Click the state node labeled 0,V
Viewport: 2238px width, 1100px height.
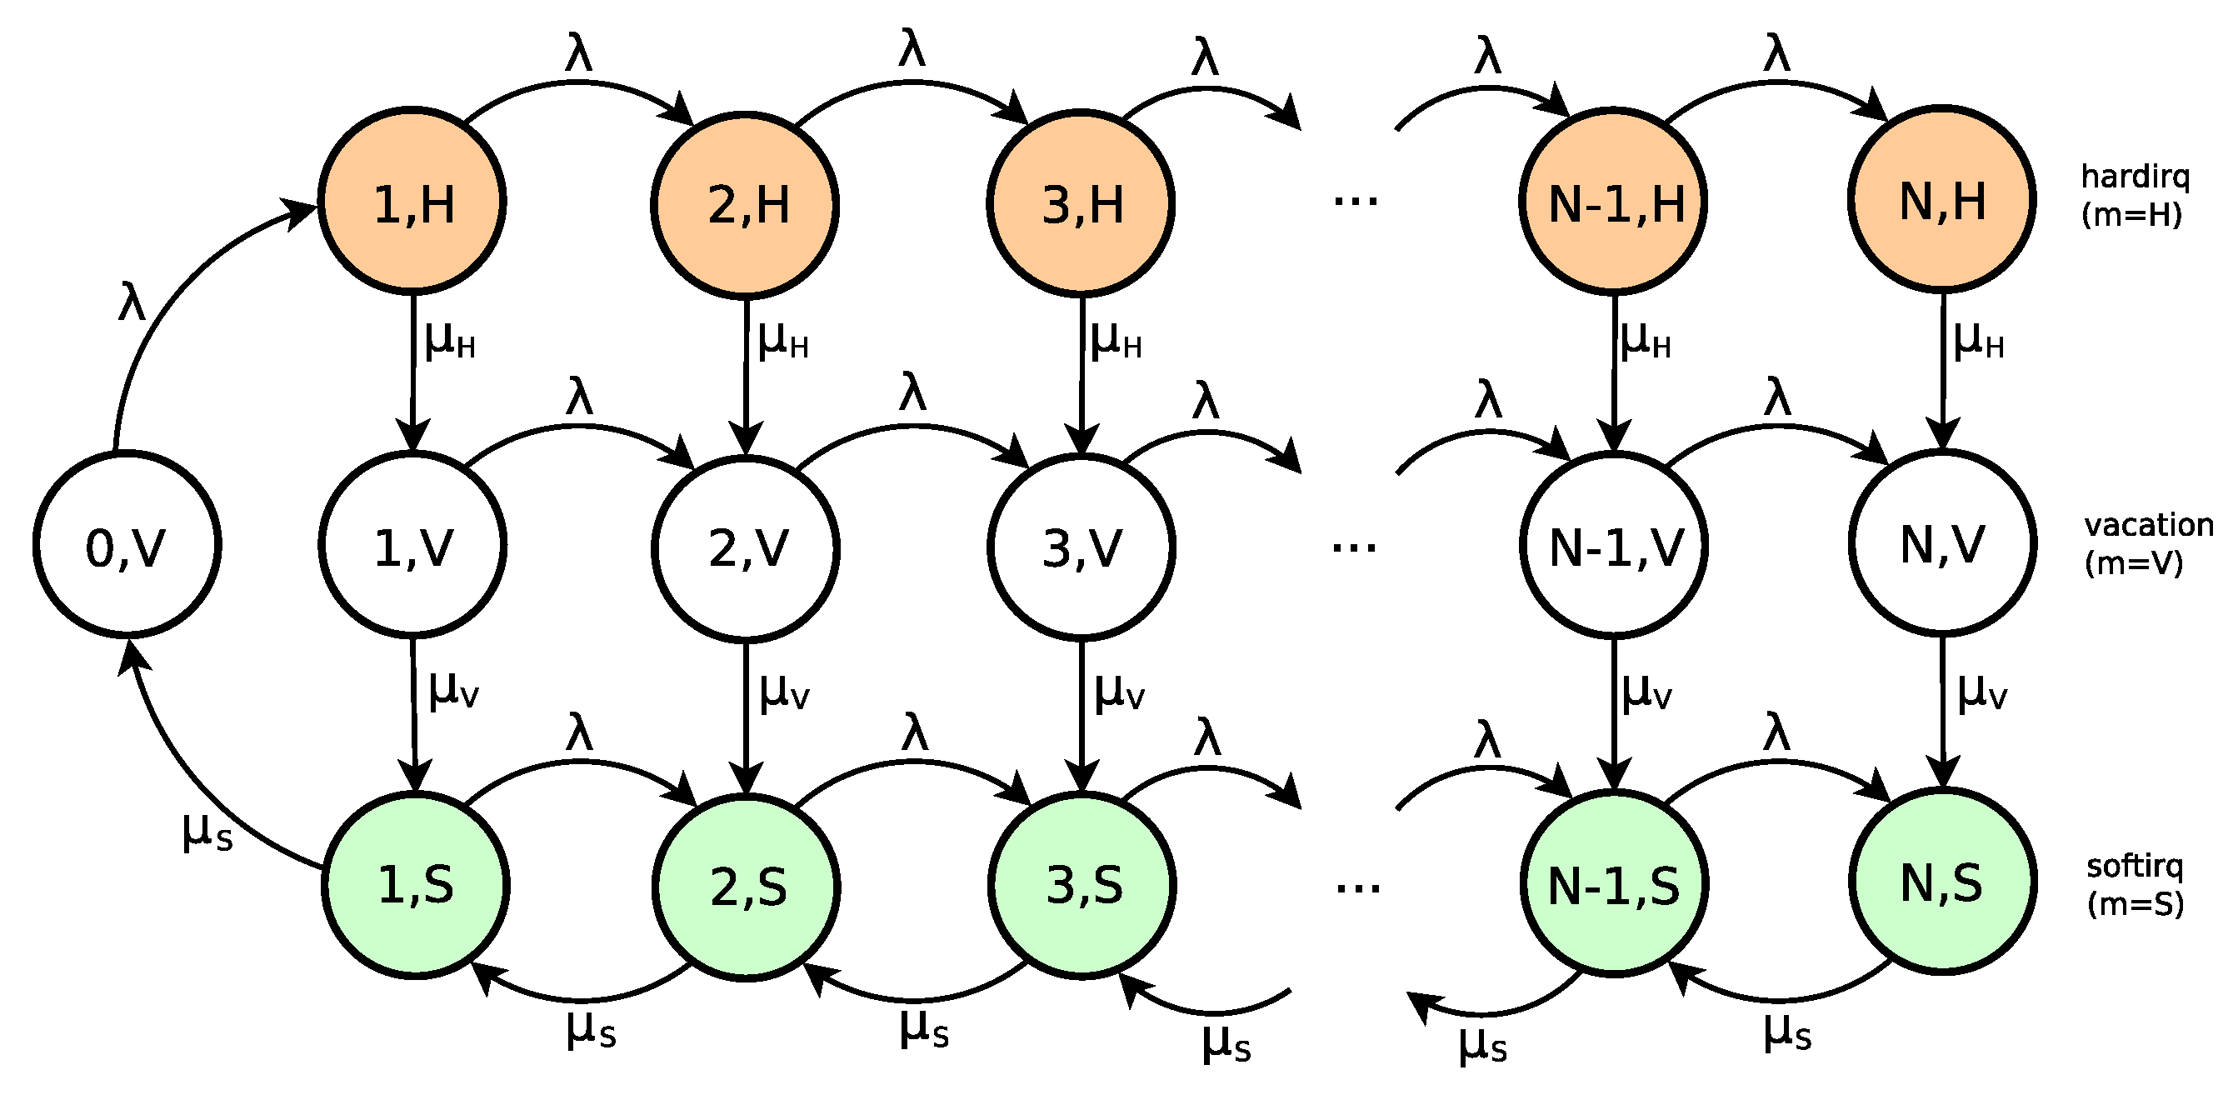pyautogui.click(x=127, y=545)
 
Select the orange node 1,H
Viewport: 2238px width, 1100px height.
pyautogui.click(x=412, y=202)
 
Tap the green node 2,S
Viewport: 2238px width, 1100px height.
pyautogui.click(x=747, y=887)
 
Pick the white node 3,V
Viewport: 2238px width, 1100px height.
pyautogui.click(x=1082, y=547)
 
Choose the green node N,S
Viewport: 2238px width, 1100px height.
pyautogui.click(x=1942, y=882)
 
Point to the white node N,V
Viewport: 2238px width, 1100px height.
pyautogui.click(x=1942, y=544)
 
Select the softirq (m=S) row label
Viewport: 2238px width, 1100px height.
pyautogui.click(x=2135, y=884)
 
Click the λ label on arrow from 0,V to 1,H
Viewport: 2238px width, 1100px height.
pyautogui.click(x=131, y=303)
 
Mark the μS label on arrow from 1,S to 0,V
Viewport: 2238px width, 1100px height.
pyautogui.click(x=207, y=831)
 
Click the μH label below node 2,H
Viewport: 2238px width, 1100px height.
pyautogui.click(x=782, y=340)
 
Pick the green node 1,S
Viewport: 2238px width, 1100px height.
pyautogui.click(x=416, y=884)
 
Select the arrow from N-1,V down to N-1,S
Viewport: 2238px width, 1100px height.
pyautogui.click(x=1615, y=712)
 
